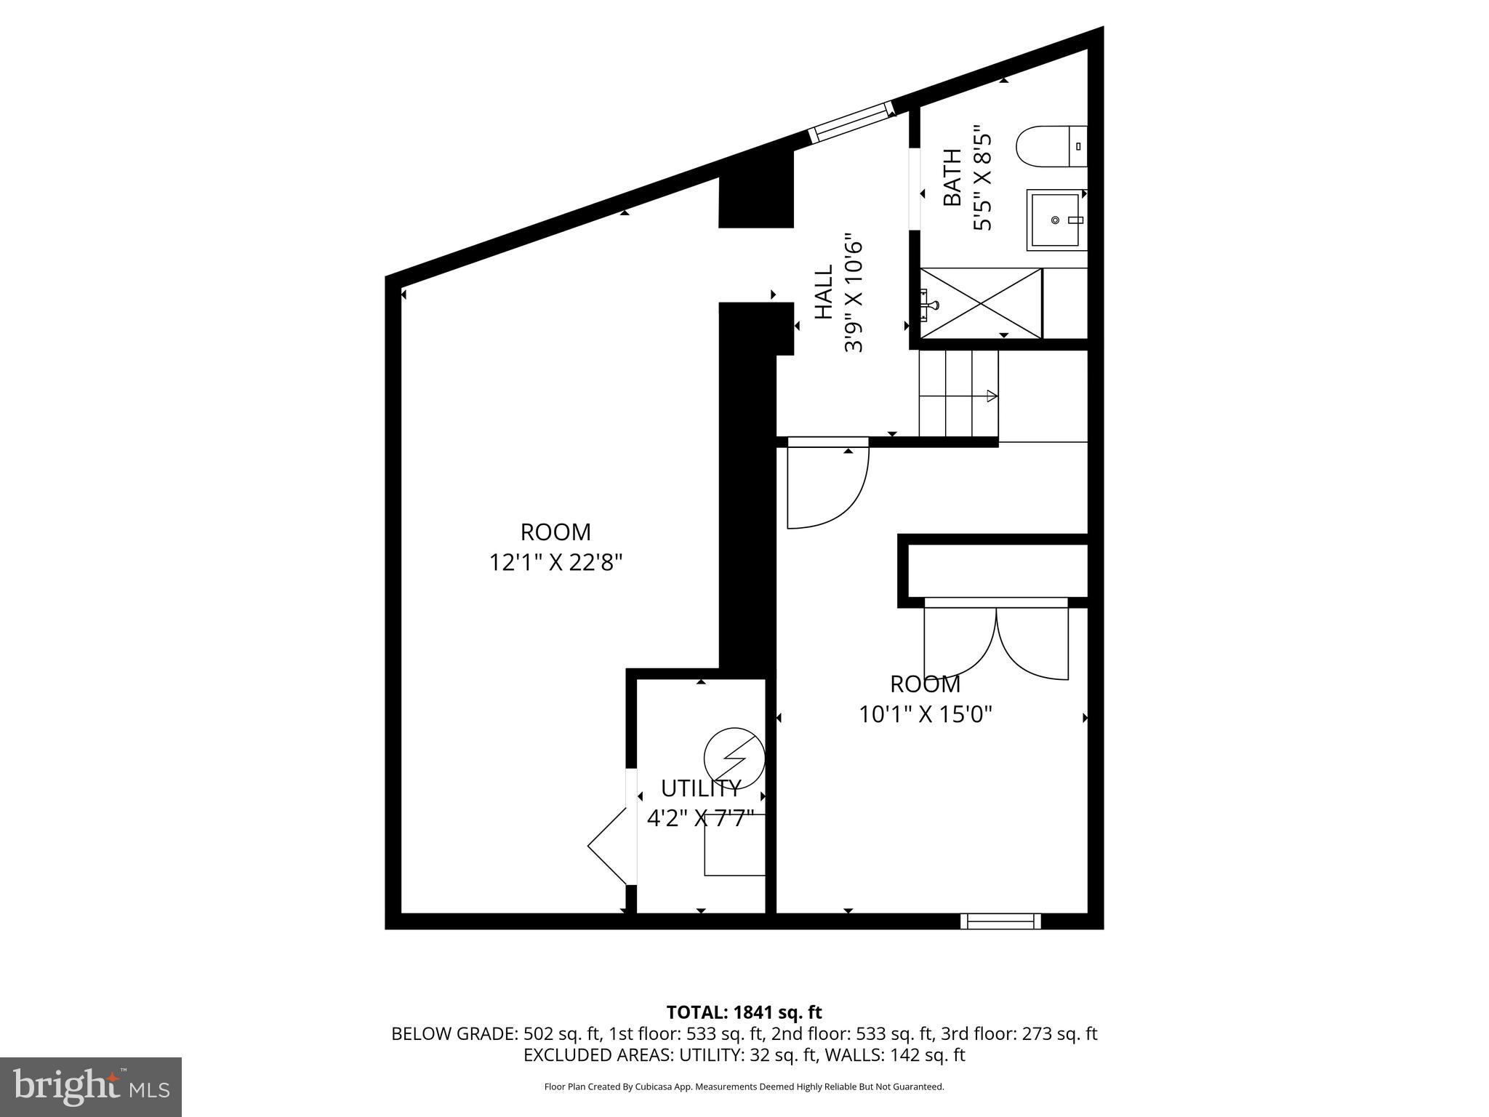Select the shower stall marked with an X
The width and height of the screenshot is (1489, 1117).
tap(981, 303)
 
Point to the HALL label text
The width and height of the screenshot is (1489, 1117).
tap(824, 292)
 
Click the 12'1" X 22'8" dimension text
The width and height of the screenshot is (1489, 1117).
tap(555, 562)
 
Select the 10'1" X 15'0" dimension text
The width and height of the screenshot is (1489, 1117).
tap(925, 715)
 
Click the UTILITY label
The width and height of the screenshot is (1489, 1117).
tap(700, 788)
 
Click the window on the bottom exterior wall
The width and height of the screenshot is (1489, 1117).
tap(1000, 921)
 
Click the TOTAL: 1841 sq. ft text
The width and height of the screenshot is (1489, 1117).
tap(744, 1012)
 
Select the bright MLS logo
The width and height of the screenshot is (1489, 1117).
tap(91, 1087)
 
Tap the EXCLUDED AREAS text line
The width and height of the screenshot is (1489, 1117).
tap(744, 1054)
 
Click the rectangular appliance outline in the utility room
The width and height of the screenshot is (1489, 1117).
tap(734, 844)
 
